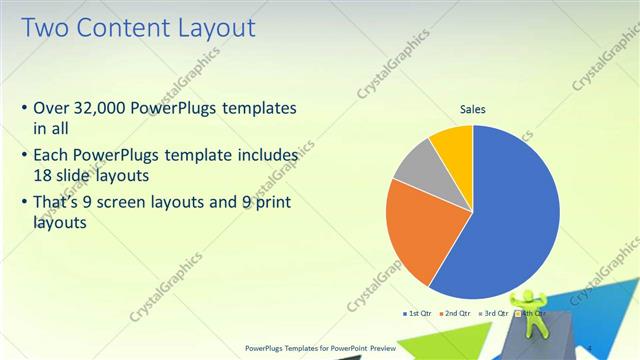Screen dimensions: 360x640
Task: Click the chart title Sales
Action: point(473,110)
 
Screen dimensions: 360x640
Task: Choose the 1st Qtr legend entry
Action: point(417,313)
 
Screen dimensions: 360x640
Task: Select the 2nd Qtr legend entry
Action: point(456,313)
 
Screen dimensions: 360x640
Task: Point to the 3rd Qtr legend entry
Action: point(494,313)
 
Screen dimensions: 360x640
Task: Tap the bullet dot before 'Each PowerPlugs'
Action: point(24,156)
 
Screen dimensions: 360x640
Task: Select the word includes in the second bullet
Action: point(266,156)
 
